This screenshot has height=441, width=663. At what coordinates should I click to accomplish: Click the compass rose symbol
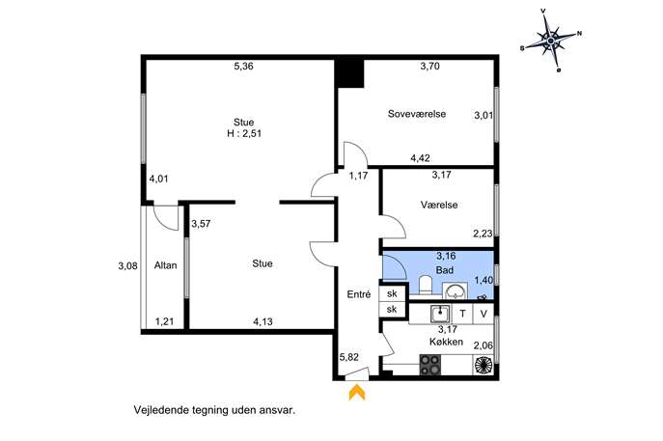(551, 41)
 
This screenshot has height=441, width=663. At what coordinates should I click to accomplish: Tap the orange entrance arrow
(357, 392)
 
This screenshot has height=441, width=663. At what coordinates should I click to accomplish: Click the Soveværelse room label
(417, 114)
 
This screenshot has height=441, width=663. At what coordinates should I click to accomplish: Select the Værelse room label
(439, 205)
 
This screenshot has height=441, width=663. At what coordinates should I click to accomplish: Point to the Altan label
(165, 265)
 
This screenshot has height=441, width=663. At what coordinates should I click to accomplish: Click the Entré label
(359, 294)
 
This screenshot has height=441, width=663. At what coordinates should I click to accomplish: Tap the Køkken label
(446, 342)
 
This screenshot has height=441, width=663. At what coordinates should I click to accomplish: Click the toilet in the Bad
(425, 284)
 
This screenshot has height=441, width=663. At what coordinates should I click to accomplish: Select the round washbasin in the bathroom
(455, 291)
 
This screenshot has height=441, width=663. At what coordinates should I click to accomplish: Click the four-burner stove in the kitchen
(430, 365)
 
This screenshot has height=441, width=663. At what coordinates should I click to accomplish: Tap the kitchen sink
(441, 314)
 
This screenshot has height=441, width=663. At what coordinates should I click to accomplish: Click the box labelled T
(462, 314)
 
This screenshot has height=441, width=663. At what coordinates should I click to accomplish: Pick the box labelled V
(483, 314)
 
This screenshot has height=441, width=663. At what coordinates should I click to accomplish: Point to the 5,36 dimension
(243, 66)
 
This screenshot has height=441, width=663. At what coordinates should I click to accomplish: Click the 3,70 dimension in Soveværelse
(429, 66)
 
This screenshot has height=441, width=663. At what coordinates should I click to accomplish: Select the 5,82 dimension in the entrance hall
(348, 357)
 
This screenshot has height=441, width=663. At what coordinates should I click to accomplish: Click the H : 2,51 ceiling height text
(244, 133)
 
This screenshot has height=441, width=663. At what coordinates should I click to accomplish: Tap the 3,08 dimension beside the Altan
(127, 266)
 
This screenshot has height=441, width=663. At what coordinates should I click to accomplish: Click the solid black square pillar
(350, 73)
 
